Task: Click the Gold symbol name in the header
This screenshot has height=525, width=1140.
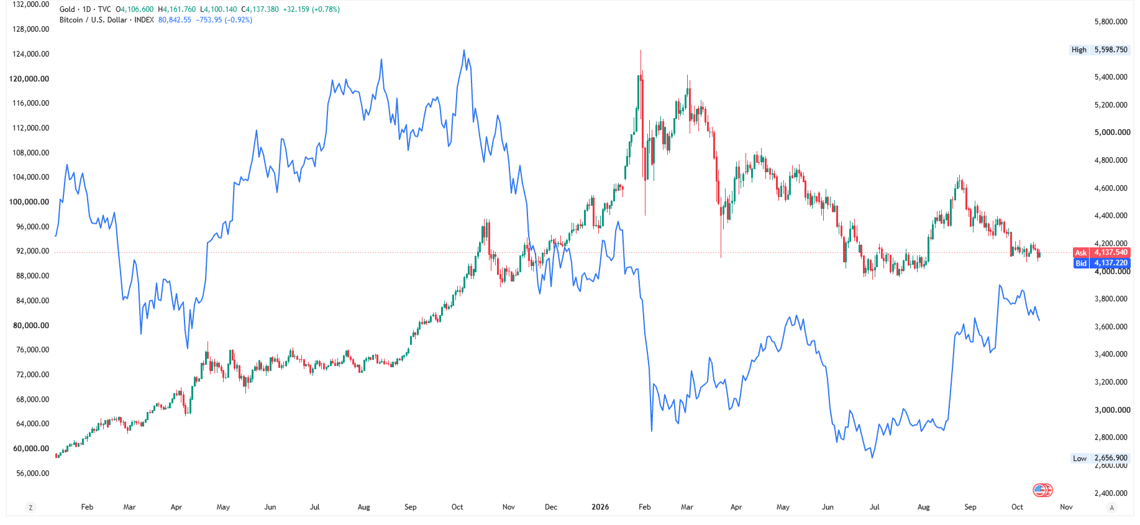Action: (x=67, y=9)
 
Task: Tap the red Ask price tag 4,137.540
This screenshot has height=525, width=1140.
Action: (x=1101, y=252)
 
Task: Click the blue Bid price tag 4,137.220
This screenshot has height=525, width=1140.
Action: (x=1101, y=263)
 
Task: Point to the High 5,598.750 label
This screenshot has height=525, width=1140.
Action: (x=1099, y=50)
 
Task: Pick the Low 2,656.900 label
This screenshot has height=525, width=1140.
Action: (x=1099, y=459)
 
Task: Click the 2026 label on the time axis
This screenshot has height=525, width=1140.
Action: (x=600, y=507)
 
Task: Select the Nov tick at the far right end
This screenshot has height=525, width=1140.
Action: (x=1066, y=507)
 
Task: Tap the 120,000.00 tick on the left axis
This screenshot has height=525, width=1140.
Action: (x=29, y=79)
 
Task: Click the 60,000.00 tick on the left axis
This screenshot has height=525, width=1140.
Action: (x=31, y=449)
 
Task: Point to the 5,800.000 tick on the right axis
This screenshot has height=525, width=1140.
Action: (x=1111, y=22)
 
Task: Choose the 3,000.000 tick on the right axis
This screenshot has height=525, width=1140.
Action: (x=1111, y=410)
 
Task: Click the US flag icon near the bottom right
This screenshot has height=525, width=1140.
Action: (x=1042, y=490)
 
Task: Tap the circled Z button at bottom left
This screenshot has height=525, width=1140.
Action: (x=30, y=508)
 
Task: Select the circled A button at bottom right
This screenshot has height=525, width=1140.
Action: (x=1112, y=508)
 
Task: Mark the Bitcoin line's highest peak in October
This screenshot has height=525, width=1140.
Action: (x=463, y=50)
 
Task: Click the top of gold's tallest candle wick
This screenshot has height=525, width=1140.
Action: (x=641, y=50)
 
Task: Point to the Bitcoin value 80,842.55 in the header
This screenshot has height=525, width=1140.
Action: (x=175, y=20)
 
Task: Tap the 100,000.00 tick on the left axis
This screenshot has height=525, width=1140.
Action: (x=29, y=202)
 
